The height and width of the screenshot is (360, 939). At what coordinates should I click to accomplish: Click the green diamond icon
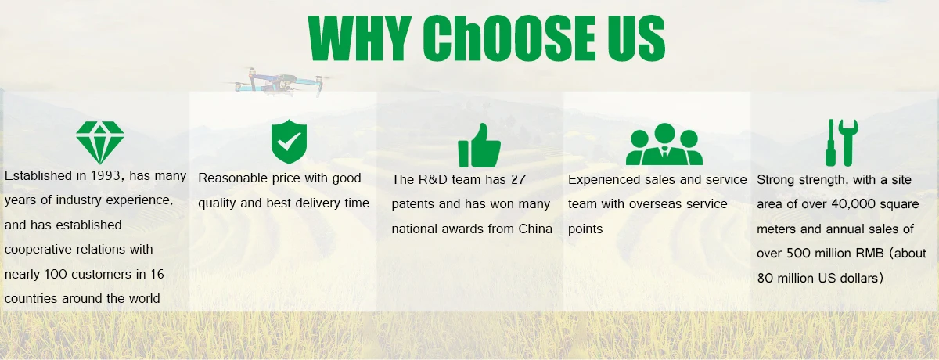[100, 142]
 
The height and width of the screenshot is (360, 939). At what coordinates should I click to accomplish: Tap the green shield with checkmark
[289, 141]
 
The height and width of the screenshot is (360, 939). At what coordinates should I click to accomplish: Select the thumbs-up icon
[479, 146]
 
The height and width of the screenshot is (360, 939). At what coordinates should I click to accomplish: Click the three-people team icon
[664, 144]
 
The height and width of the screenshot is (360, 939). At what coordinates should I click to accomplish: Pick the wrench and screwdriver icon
[842, 142]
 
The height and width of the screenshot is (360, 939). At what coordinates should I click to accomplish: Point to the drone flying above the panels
[279, 81]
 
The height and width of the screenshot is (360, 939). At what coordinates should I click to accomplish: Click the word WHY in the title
[360, 38]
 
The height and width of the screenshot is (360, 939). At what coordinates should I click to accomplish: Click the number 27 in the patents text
[518, 179]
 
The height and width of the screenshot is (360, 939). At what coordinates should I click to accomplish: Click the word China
[535, 229]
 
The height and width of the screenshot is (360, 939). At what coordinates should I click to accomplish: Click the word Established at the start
[38, 175]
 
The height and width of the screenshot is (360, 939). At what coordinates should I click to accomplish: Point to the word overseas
[657, 204]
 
